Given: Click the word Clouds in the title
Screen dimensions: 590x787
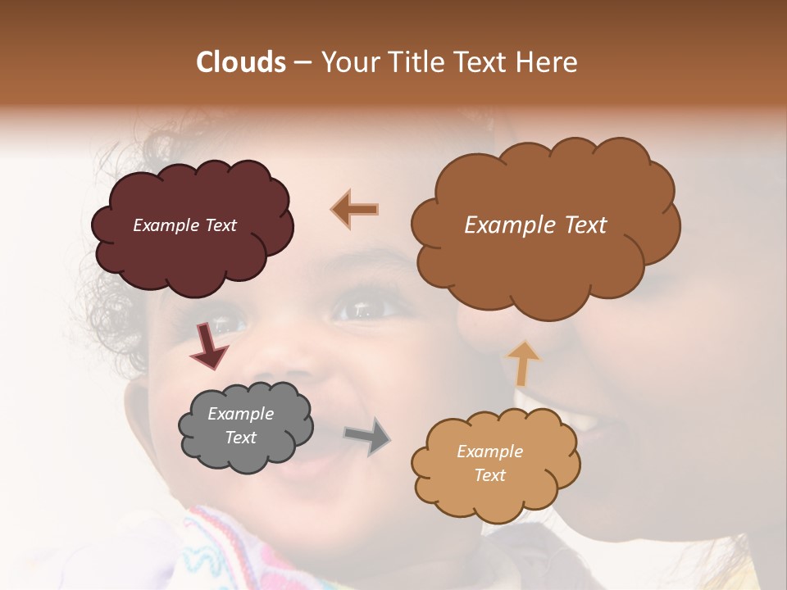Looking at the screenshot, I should click(x=241, y=62).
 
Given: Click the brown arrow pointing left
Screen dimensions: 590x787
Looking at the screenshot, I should click(x=355, y=209).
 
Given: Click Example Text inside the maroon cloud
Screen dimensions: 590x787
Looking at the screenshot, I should click(x=185, y=225).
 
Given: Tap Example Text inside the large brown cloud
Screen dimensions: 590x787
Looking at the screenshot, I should click(x=535, y=225).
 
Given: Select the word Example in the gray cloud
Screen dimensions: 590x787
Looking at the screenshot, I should click(x=240, y=414).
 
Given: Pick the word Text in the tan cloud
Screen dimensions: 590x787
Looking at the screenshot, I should click(x=490, y=475).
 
